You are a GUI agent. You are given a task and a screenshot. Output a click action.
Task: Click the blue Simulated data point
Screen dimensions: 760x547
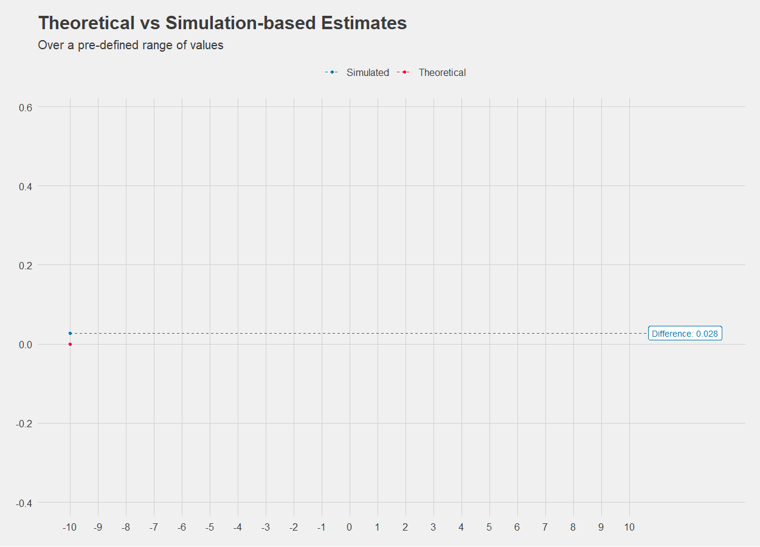(71, 333)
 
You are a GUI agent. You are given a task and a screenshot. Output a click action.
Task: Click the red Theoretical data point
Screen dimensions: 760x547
(71, 344)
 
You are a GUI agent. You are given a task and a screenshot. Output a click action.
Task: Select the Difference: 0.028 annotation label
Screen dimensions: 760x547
(685, 333)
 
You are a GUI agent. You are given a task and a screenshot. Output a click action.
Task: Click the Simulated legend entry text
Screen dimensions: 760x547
(367, 72)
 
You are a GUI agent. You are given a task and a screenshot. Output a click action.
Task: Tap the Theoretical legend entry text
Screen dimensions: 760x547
(442, 72)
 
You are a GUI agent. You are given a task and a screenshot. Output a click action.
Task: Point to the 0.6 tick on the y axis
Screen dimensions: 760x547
(26, 108)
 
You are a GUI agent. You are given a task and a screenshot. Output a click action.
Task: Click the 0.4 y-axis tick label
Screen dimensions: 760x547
(26, 187)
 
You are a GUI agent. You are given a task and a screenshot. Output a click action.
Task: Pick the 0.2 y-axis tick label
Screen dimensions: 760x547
(26, 266)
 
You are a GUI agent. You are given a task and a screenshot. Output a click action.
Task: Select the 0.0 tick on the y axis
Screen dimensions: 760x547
(26, 345)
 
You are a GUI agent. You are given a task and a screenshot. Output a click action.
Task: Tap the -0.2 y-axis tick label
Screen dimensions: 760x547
(24, 424)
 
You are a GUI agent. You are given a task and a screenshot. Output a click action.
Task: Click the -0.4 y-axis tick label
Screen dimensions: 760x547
(24, 503)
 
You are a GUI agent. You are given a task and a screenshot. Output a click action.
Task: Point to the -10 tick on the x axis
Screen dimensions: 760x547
(69, 528)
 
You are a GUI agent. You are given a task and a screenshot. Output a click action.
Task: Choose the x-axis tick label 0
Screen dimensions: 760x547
(349, 528)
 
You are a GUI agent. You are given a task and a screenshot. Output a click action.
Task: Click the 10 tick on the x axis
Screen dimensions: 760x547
(629, 528)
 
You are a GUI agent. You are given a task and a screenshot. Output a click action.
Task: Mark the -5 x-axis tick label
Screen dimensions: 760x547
(209, 528)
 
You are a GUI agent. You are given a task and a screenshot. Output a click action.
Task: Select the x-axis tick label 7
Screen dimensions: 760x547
(545, 528)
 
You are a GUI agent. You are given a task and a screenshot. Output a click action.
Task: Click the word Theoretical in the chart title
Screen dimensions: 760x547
(86, 23)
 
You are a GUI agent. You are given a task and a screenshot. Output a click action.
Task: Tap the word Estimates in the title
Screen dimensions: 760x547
(364, 23)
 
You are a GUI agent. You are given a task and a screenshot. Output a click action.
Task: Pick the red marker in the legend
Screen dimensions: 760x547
(404, 72)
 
